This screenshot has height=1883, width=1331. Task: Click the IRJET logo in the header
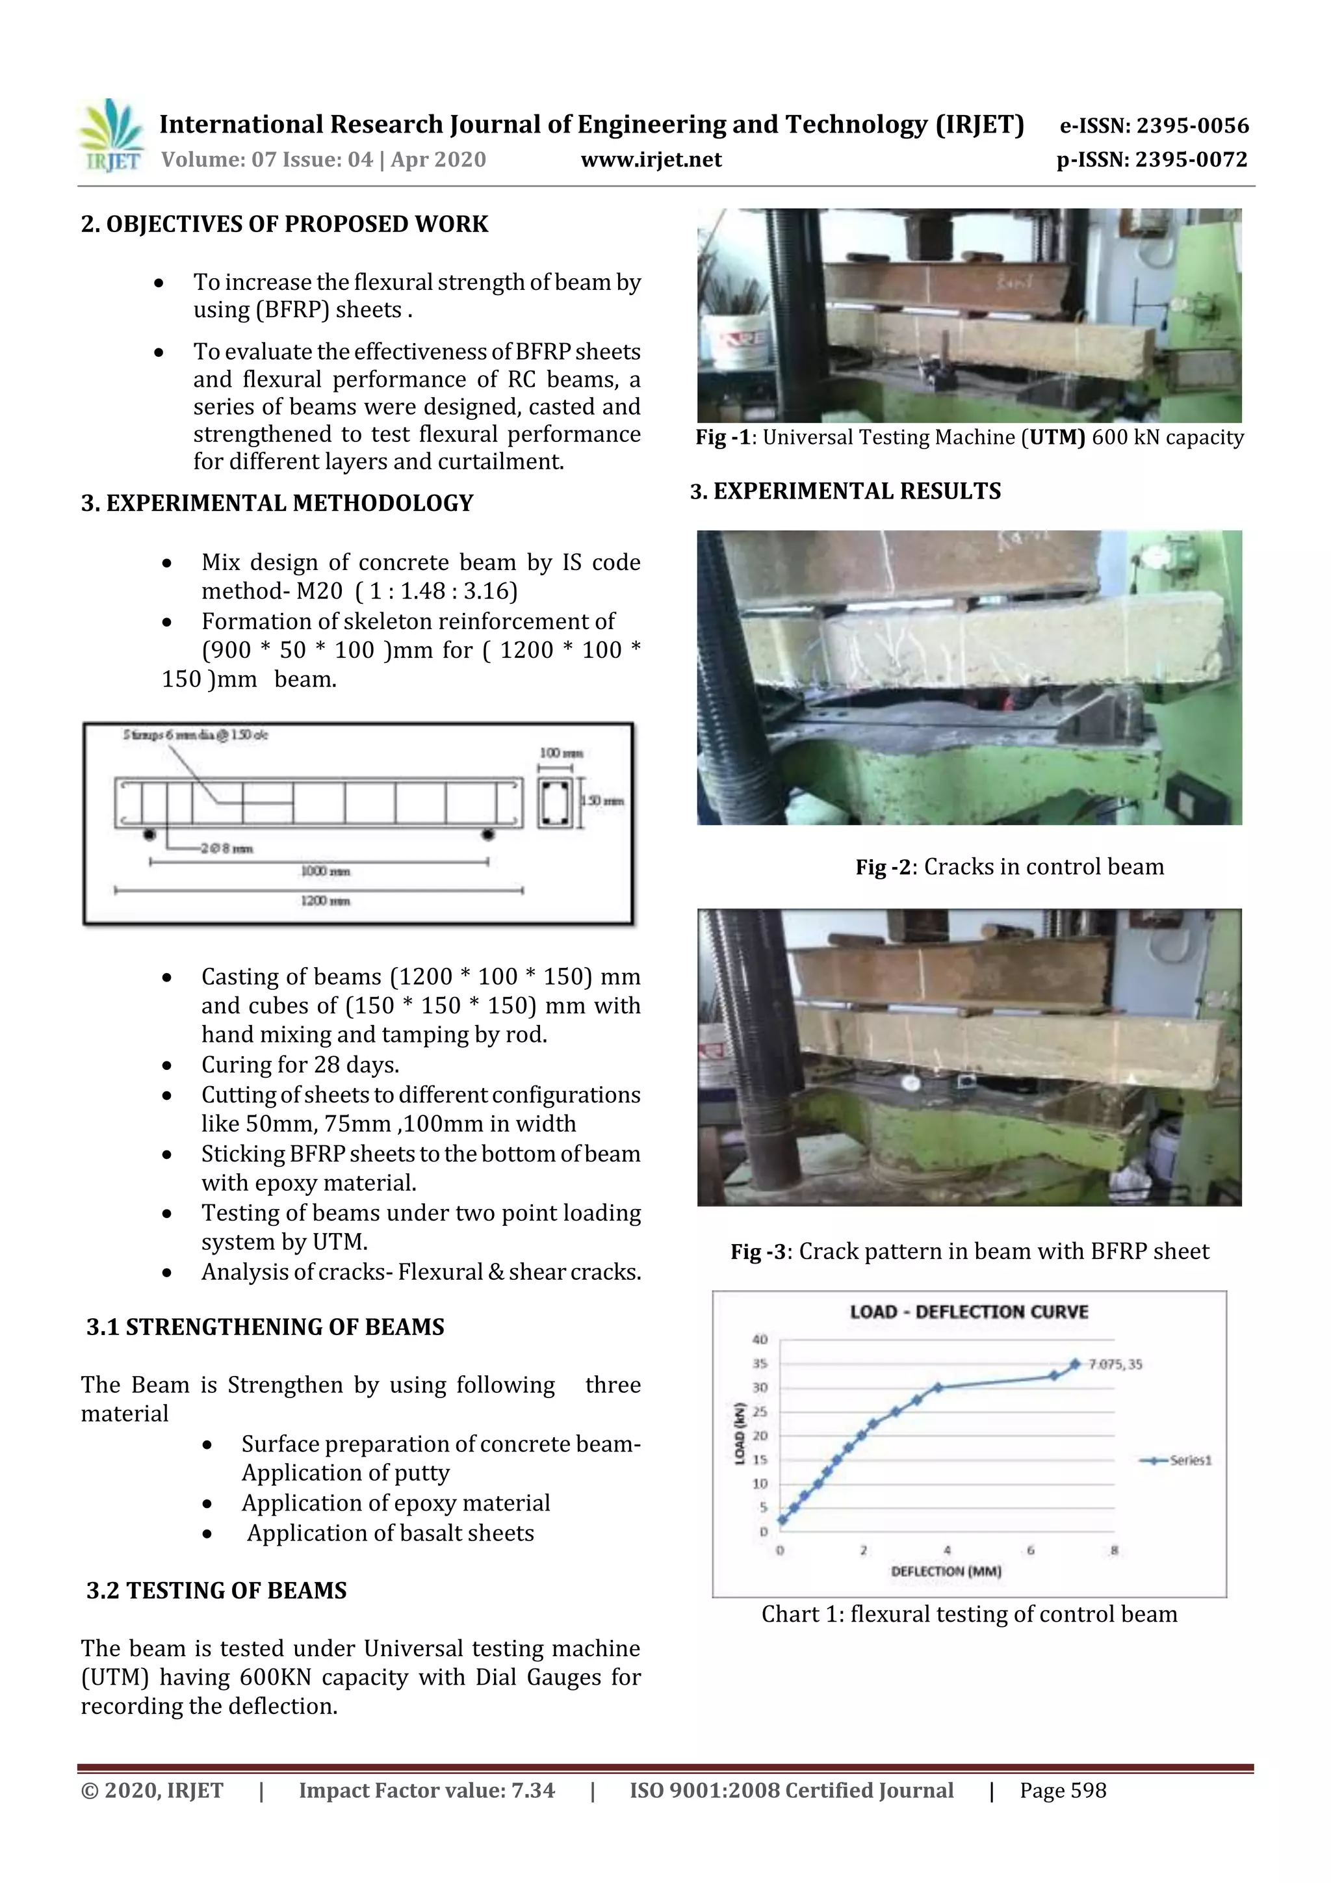point(110,135)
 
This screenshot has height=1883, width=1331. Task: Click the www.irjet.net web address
point(651,160)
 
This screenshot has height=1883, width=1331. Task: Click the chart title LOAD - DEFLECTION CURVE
point(968,1312)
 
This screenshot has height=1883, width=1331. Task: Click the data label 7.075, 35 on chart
point(1115,1365)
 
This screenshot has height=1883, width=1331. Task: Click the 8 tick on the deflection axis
point(1114,1551)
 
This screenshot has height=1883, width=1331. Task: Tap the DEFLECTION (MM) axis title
point(946,1572)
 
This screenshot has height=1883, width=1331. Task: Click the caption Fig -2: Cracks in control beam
point(1009,867)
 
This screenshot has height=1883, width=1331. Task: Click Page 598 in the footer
point(1063,1790)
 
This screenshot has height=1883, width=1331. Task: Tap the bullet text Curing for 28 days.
point(300,1065)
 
